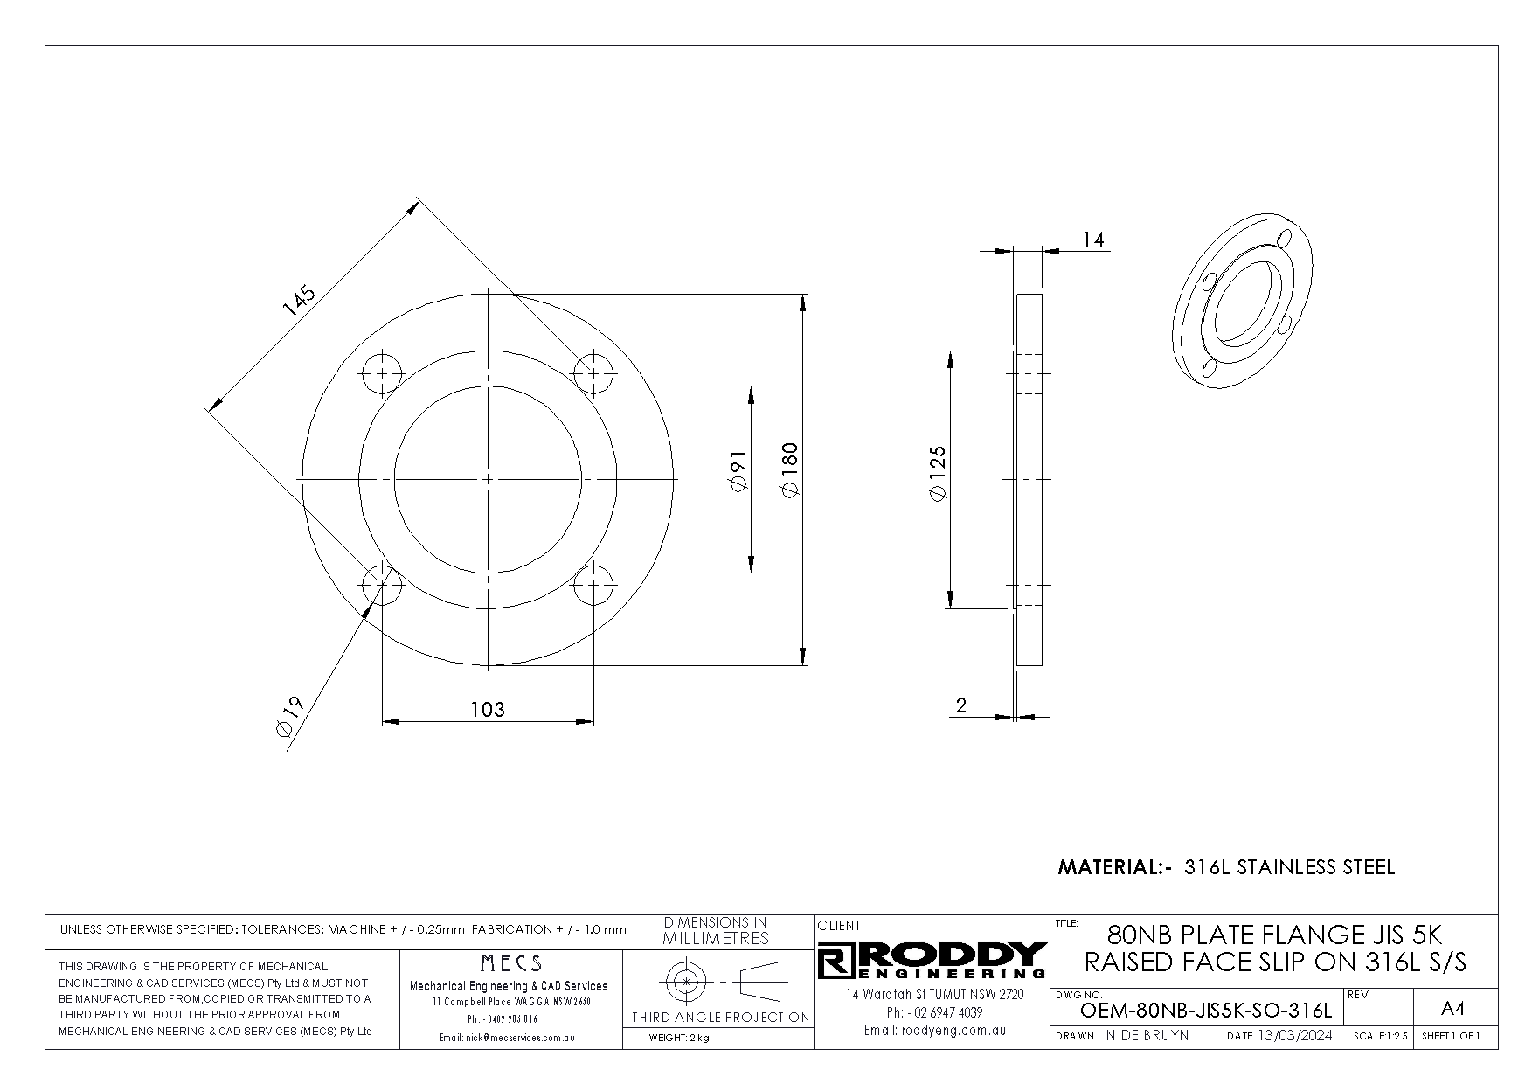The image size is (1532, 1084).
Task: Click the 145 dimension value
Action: coord(298,301)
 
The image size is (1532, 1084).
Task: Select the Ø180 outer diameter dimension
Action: coord(789,471)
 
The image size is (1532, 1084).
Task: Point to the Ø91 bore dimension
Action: coord(738,471)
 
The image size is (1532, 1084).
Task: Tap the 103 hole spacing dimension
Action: coord(488,709)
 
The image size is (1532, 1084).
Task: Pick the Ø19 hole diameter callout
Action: coord(288,719)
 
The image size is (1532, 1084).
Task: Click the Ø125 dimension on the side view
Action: coord(938,473)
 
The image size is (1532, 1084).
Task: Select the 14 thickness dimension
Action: coord(1093,239)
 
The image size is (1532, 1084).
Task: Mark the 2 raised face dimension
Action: coord(961,705)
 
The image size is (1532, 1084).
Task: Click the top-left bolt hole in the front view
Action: coord(382,374)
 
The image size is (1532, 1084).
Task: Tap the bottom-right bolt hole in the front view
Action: coord(593,585)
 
